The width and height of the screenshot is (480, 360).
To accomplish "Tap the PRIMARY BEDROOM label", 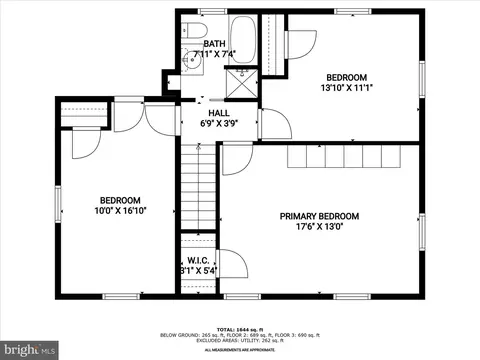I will click(319, 216).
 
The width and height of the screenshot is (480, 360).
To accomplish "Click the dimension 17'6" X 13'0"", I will click(319, 227).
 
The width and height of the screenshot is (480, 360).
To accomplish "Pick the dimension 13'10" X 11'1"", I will click(346, 88).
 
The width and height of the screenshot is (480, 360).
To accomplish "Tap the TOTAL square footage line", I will click(239, 327).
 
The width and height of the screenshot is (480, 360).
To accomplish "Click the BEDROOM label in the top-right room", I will click(346, 77).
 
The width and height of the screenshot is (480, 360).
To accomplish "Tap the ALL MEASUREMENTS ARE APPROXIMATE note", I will click(239, 350).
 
